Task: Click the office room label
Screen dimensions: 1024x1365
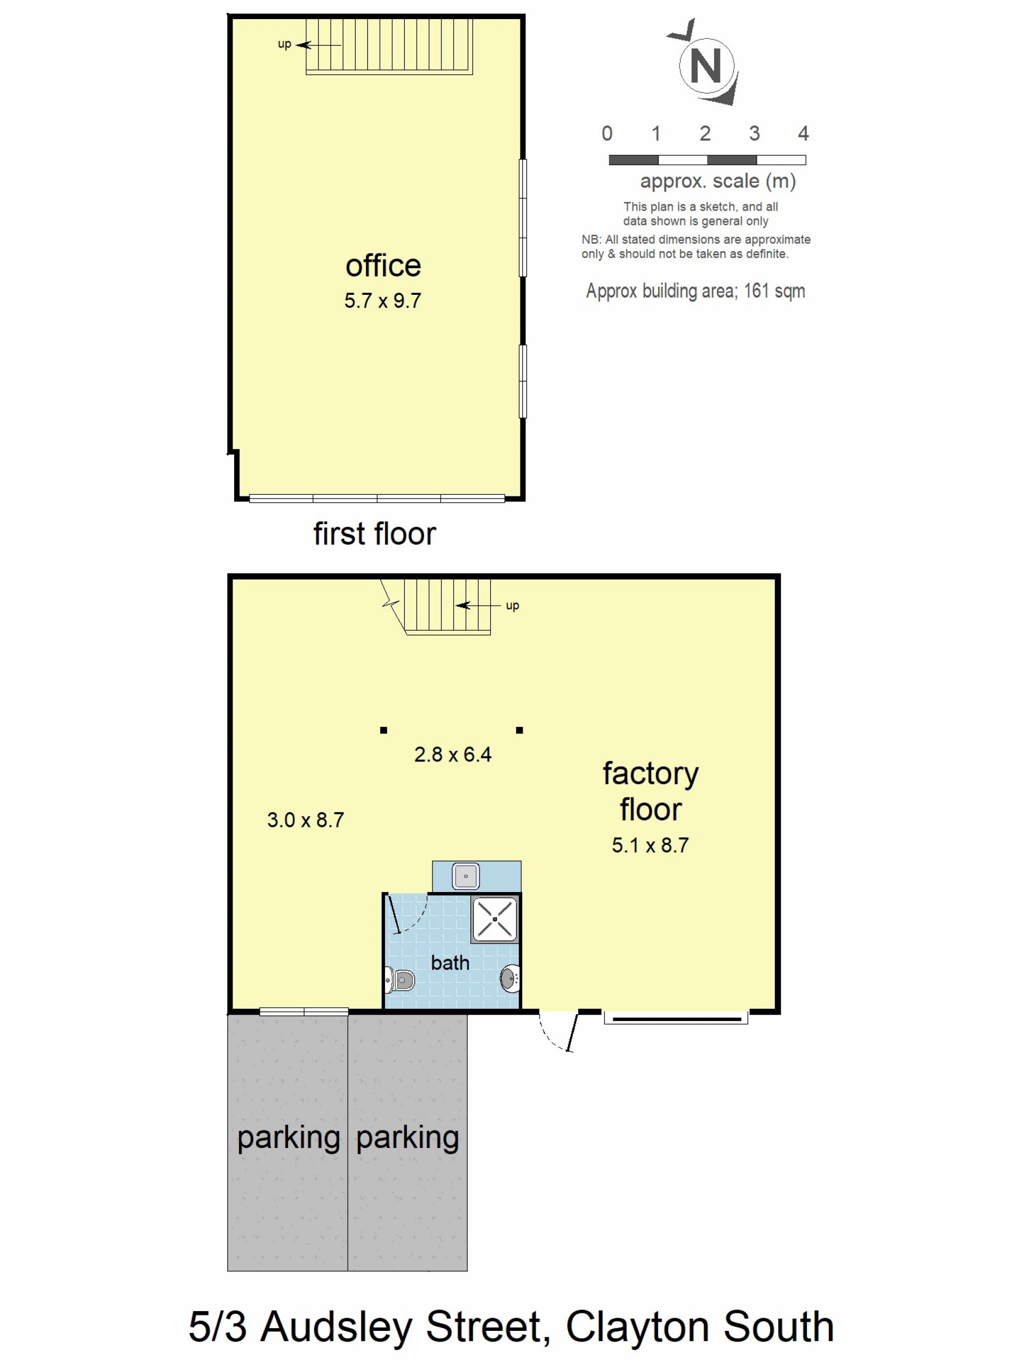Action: point(383,266)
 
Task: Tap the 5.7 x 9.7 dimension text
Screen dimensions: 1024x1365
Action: point(383,301)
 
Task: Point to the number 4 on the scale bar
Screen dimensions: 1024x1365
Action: point(803,133)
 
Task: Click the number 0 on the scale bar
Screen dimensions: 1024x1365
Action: point(607,133)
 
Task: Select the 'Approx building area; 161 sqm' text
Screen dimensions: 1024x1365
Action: point(695,291)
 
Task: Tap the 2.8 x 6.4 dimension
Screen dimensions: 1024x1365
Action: point(452,754)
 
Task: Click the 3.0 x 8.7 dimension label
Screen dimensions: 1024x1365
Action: point(306,820)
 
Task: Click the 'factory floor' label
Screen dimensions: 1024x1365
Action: point(651,791)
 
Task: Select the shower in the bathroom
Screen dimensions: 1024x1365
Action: point(495,919)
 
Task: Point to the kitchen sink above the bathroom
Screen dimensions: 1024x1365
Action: point(466,876)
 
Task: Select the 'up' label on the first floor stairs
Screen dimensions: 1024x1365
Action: point(284,44)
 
